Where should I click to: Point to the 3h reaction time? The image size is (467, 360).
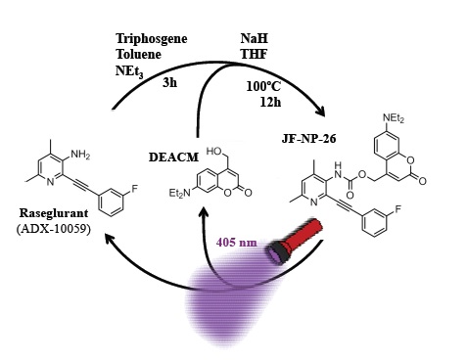(x=170, y=83)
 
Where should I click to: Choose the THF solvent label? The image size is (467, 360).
(x=255, y=55)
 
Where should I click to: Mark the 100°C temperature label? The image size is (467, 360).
(x=263, y=85)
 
